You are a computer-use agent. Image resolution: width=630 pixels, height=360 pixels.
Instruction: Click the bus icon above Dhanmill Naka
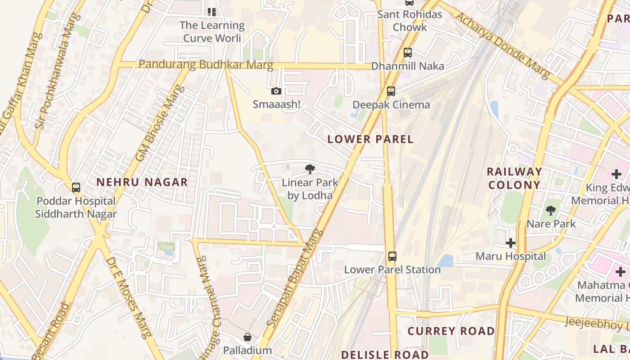pos(408,53)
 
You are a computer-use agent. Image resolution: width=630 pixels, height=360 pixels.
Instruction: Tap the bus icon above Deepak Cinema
pos(391,91)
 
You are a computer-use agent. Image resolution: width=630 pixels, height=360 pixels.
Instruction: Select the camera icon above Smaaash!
pos(276,91)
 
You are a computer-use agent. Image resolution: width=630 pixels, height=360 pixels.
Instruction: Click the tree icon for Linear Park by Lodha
pos(310,169)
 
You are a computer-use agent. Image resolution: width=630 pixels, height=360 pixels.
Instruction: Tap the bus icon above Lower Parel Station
pos(392,256)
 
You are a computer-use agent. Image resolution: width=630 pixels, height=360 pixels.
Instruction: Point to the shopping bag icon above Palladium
pos(247,337)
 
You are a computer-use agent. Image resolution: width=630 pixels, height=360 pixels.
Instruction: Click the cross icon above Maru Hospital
pos(511,243)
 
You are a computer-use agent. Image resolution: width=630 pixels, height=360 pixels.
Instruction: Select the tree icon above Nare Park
pos(551,210)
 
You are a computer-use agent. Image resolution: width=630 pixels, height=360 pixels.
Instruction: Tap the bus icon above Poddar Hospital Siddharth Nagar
pos(76,188)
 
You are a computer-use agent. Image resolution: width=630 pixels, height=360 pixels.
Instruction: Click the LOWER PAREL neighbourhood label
pos(370,139)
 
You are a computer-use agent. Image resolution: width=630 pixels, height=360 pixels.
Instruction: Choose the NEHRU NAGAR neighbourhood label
pos(142,182)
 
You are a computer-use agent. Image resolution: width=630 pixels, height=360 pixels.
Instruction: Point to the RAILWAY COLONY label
pos(514,178)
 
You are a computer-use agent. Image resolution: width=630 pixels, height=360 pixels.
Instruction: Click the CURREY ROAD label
pos(451,331)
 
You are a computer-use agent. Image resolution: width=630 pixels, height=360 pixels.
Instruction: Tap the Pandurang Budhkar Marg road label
pos(206,64)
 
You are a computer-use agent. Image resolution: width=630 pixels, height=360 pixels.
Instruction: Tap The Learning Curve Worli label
pos(212,31)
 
